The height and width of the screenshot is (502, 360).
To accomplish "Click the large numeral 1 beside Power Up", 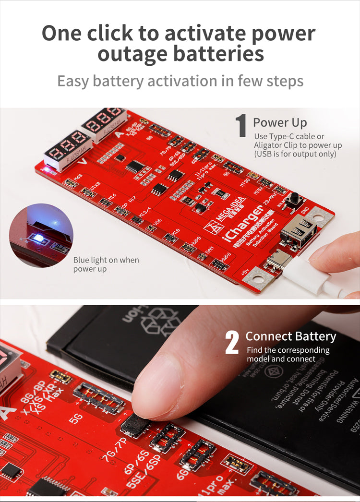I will pyautogui.click(x=241, y=126).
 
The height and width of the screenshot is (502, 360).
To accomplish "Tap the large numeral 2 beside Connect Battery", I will pyautogui.click(x=232, y=343).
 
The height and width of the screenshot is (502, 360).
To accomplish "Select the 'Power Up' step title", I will pyautogui.click(x=280, y=122).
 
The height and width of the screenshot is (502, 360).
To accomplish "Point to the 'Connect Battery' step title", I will pyautogui.click(x=291, y=336).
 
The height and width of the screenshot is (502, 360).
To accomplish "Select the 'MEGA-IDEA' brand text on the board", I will pyautogui.click(x=232, y=209).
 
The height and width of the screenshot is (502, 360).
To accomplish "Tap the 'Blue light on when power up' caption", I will pyautogui.click(x=106, y=264).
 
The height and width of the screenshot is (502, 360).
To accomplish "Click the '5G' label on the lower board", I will pyautogui.click(x=76, y=418).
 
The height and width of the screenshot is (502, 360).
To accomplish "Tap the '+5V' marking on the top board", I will pyautogui.click(x=245, y=273).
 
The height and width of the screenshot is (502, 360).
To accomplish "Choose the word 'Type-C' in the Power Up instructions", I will pyautogui.click(x=283, y=137).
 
